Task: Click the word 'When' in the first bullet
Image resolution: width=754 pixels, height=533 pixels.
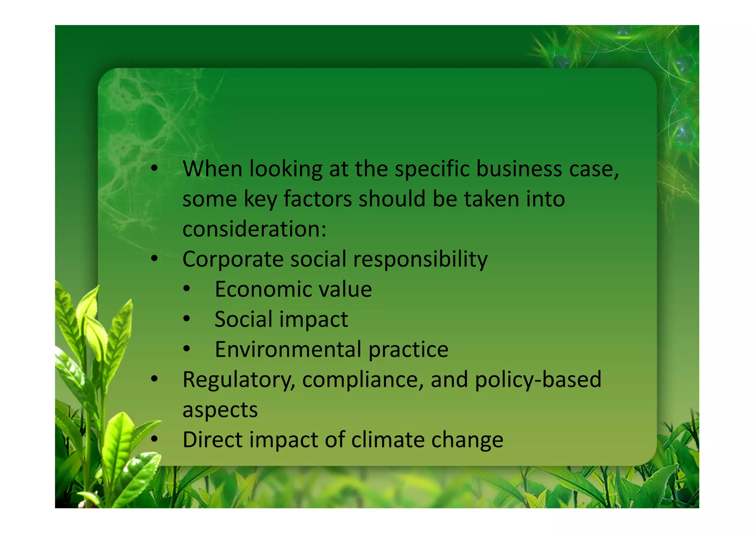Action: tap(212, 169)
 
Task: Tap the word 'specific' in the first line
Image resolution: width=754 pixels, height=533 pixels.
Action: tap(432, 170)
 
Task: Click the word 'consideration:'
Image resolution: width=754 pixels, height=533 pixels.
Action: tap(254, 229)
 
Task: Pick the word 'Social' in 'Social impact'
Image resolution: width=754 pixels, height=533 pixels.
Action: tap(243, 319)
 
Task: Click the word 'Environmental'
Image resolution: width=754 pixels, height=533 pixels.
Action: tap(288, 349)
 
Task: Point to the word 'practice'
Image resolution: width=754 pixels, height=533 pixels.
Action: tap(408, 349)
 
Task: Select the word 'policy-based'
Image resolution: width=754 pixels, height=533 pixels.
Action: tap(538, 380)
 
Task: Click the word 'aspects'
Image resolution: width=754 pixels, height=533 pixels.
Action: tap(220, 410)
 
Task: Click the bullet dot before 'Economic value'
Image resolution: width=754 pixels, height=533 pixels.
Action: tap(187, 289)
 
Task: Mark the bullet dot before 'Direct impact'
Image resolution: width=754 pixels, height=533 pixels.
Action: tap(154, 439)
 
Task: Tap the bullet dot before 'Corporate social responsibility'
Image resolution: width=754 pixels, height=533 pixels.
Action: tap(154, 259)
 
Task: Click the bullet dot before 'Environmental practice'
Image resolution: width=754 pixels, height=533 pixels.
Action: tap(187, 349)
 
